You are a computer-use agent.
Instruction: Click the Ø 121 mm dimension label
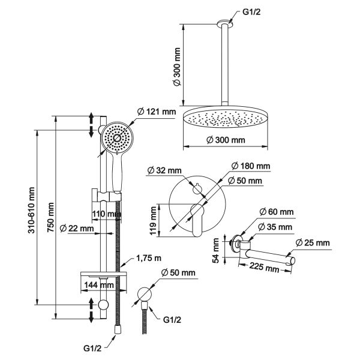tap(153, 112)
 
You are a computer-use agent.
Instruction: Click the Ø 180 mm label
tap(251, 166)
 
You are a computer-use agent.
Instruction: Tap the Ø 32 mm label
tap(166, 171)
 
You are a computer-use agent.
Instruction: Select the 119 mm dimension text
tap(154, 220)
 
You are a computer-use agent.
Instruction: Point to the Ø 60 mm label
tap(277, 212)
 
